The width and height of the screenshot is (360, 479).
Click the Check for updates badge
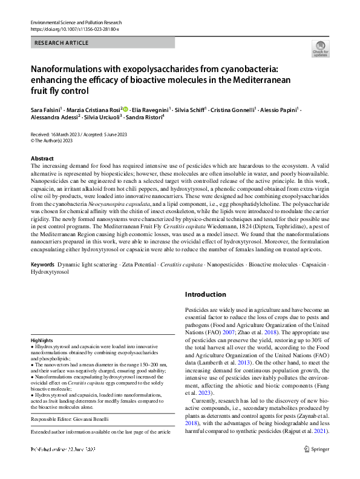coord(320,48)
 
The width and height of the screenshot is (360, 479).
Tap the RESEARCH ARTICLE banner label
coord(63,43)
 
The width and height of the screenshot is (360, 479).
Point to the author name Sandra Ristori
coord(145,117)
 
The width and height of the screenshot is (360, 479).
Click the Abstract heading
coord(42,157)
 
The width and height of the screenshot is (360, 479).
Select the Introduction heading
coord(205,294)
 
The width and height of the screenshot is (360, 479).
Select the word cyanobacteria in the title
coord(246,69)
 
